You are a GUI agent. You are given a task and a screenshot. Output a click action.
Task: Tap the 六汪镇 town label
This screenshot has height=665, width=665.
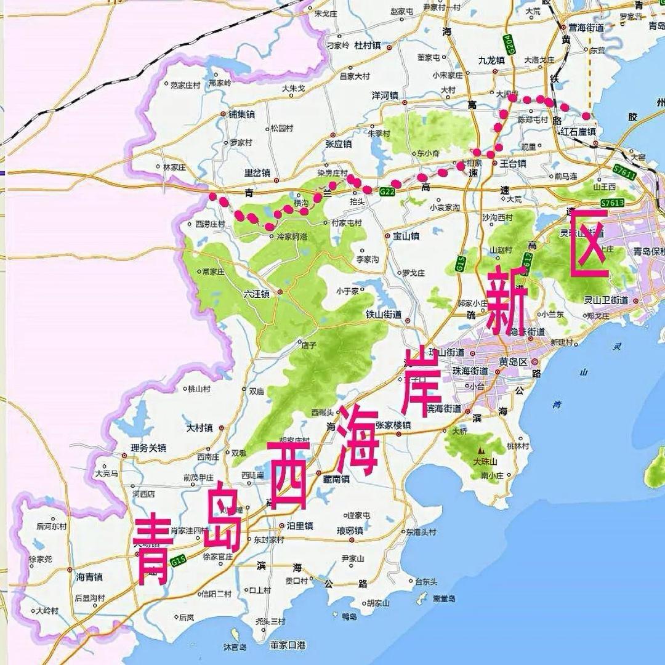257,294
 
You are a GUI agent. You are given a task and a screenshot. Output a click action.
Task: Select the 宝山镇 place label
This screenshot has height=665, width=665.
406,236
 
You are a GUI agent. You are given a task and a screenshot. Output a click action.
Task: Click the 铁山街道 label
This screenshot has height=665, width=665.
384,314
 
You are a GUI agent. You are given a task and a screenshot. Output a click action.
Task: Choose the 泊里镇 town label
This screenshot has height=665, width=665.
300,526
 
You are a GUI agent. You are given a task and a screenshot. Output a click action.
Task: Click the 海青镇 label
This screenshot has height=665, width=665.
89,577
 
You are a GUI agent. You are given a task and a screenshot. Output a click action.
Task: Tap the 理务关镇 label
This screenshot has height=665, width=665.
148,448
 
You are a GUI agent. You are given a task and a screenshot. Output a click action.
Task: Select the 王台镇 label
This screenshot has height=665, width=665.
512,164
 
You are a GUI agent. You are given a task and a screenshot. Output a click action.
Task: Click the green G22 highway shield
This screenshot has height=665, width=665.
387,192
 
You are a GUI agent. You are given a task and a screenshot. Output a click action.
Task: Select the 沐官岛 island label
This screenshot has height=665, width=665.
235,647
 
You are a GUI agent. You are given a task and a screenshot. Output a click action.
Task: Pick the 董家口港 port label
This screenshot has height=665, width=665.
288,645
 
